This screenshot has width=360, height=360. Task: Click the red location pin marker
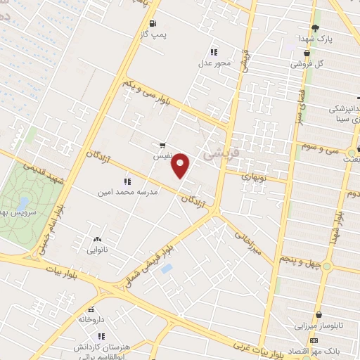[x=181, y=165]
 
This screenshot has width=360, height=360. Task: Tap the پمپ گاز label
[x=155, y=33]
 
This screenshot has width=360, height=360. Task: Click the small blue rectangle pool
[x=166, y=269]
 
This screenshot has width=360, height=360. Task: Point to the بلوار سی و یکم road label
[x=148, y=93]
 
